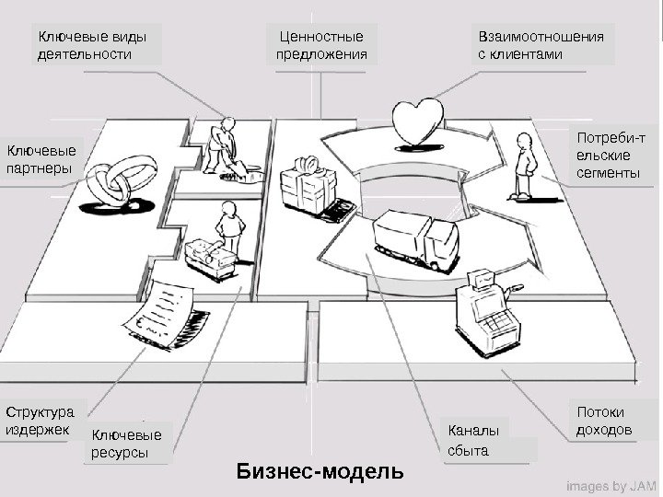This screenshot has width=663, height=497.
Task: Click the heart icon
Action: (x=416, y=122)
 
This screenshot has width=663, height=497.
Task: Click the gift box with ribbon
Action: (x=304, y=184)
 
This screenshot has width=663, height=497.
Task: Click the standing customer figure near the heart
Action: (x=524, y=166)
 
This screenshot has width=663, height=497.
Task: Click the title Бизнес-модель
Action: (x=320, y=472)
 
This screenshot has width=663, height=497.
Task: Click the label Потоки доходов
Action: (x=603, y=421)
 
